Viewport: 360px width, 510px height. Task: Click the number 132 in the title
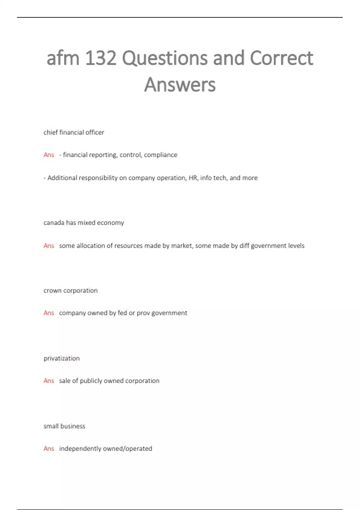click(101, 58)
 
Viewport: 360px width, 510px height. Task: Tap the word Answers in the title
click(180, 85)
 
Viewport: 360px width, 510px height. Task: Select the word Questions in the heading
click(164, 58)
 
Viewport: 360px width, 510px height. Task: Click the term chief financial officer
click(74, 132)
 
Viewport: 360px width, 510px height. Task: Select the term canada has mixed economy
click(84, 223)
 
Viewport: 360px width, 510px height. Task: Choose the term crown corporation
click(70, 290)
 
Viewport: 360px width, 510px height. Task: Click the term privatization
click(61, 358)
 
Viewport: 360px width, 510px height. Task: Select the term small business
click(64, 426)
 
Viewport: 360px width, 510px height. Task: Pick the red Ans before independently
click(49, 448)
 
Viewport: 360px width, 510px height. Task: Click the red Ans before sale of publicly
click(49, 381)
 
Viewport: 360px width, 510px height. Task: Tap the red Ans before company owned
click(49, 313)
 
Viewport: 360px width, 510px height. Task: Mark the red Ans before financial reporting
click(49, 155)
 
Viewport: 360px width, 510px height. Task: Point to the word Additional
click(61, 178)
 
